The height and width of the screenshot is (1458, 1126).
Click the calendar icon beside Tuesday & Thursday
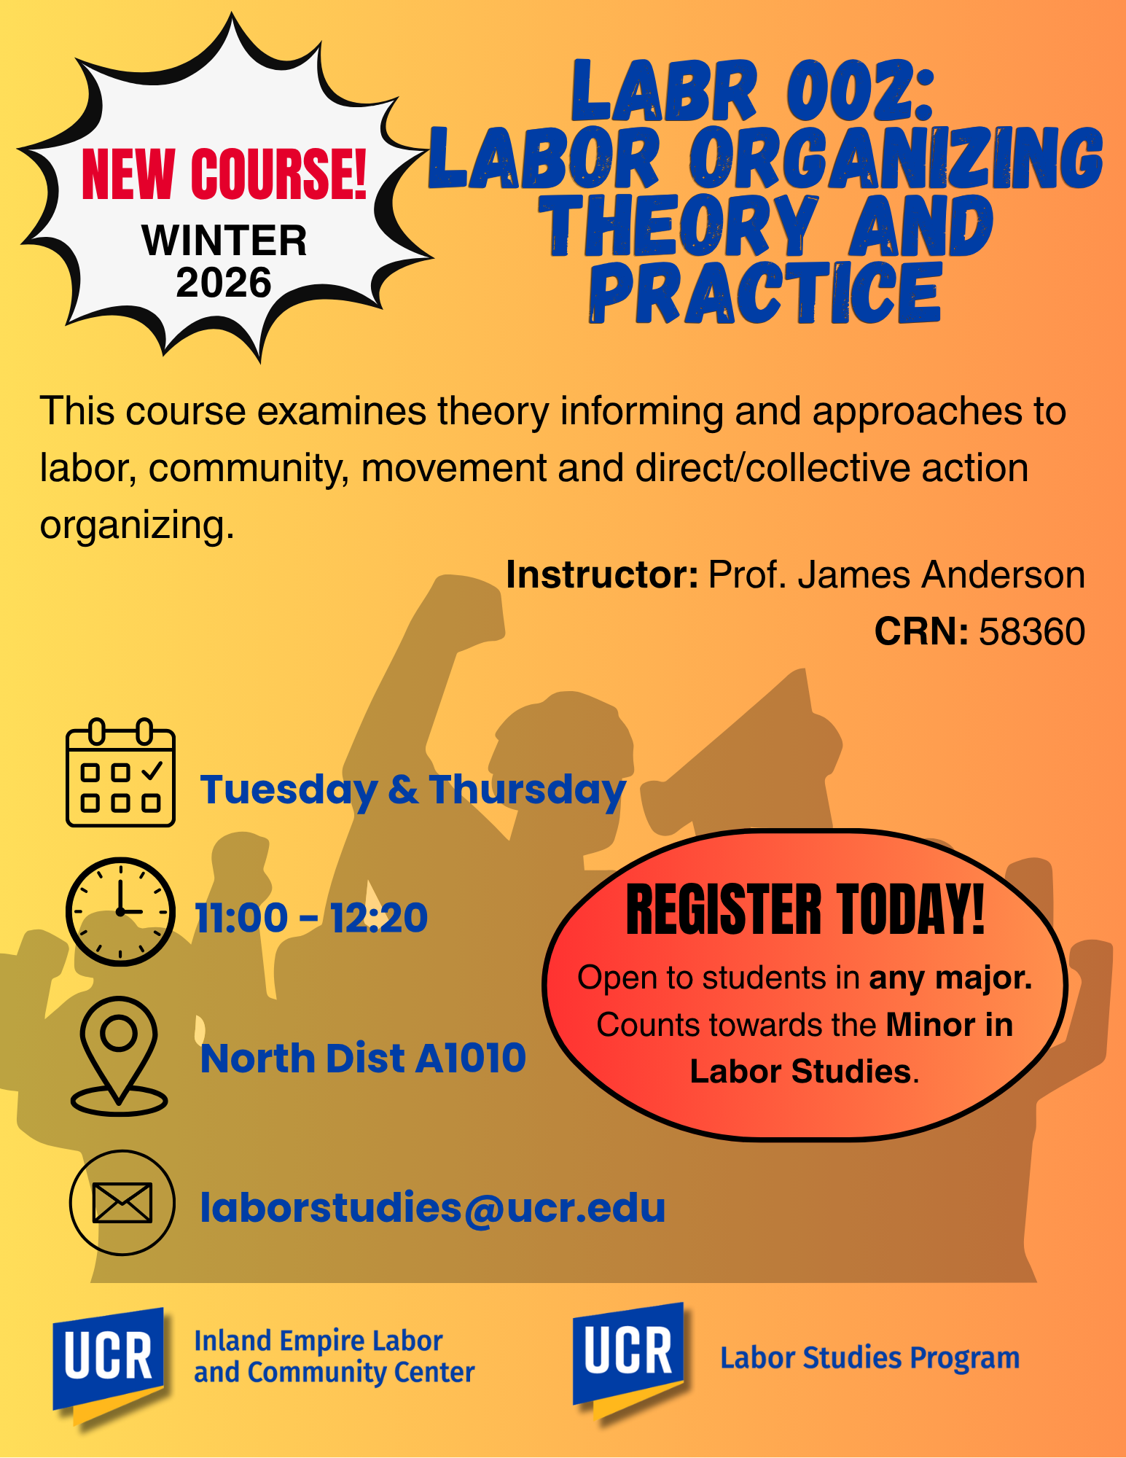120,773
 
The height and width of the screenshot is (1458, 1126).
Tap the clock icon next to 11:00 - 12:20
120,912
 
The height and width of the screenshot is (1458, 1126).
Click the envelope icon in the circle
122,1203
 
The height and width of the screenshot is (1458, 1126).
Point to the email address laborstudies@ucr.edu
433,1208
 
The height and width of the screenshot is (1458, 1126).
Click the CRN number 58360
1032,631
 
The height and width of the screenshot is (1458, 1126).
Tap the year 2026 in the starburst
224,283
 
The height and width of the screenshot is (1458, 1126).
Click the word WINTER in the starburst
224,241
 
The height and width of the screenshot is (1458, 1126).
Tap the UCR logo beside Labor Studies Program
628,1360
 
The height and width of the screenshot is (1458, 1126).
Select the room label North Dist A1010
363,1059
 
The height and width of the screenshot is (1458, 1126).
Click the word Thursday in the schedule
528,790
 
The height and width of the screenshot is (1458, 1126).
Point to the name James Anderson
942,574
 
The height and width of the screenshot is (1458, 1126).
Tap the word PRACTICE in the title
766,293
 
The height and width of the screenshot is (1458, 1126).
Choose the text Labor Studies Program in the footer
870,1358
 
